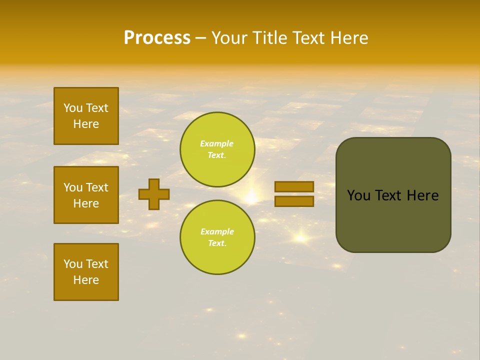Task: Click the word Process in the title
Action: pos(157,38)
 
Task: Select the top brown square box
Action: pos(86,116)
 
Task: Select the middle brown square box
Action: pos(86,195)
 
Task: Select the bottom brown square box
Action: pos(86,272)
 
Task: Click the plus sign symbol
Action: pos(154,194)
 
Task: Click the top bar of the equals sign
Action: pos(294,186)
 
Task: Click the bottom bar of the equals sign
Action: pos(294,201)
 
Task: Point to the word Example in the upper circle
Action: pos(216,143)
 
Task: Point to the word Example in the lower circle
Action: pos(216,231)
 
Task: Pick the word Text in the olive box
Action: pos(389,195)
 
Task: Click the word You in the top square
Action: pos(73,108)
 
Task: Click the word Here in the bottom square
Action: pos(86,280)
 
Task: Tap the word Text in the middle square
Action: pos(96,187)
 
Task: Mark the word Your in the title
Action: pos(230,38)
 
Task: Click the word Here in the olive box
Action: pos(422,195)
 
